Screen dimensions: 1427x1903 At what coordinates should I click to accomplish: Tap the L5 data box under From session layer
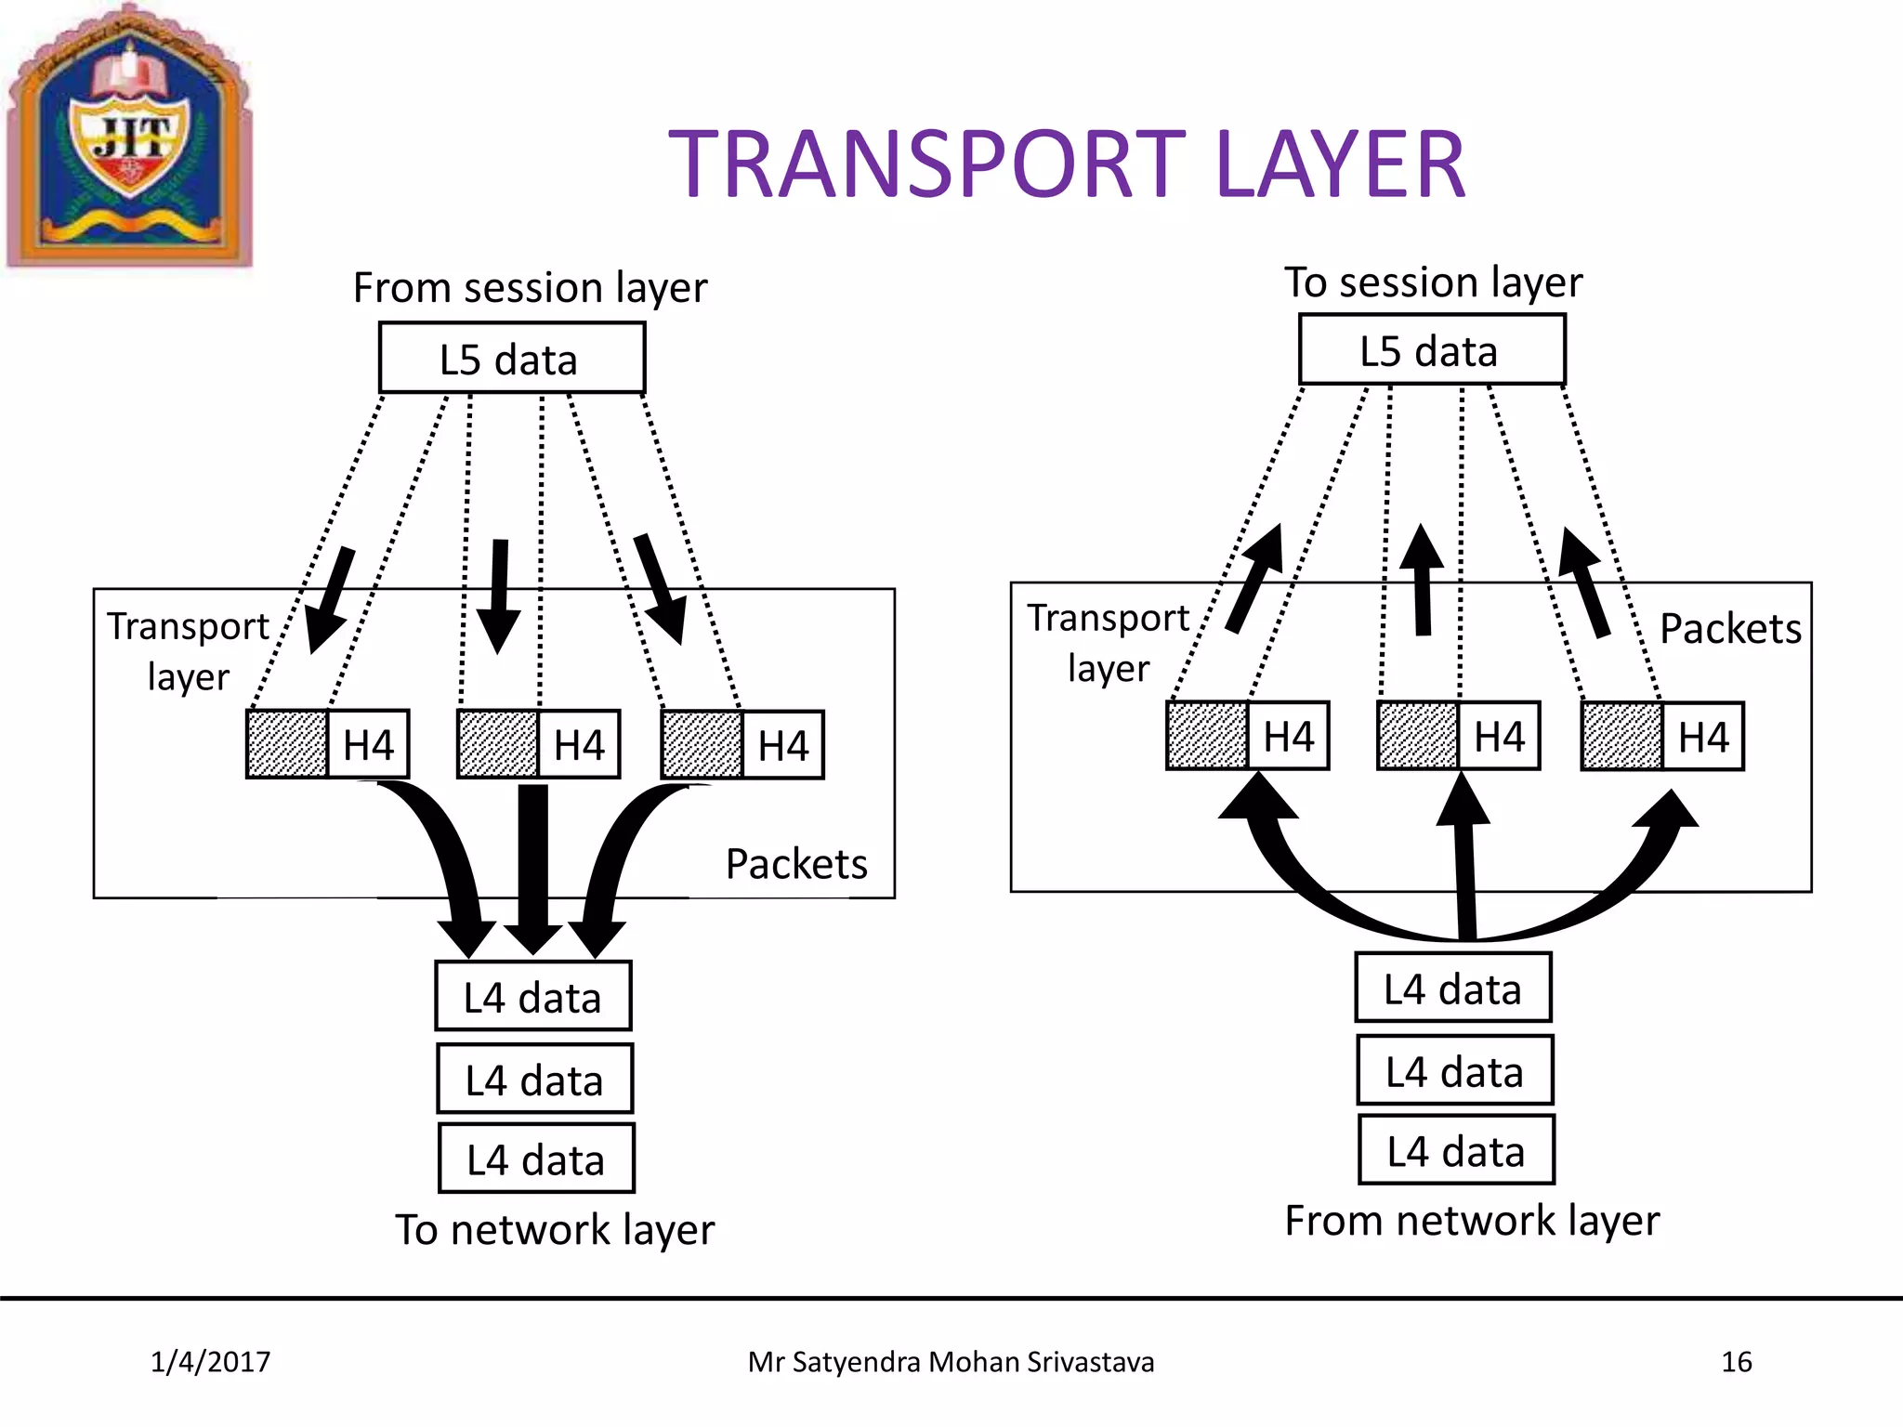tap(511, 359)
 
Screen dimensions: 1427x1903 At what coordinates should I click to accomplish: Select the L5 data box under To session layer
tap(1431, 350)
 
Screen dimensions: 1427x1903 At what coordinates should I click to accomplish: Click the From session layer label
tap(530, 288)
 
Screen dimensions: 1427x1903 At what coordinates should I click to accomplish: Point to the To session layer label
tap(1433, 281)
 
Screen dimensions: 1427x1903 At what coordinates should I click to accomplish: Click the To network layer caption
tap(555, 1229)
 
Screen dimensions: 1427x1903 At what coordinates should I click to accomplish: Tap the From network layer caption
tap(1472, 1220)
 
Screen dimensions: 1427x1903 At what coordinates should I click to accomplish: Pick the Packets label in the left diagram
tap(796, 864)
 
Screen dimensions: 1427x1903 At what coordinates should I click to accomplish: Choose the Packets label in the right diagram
tap(1730, 629)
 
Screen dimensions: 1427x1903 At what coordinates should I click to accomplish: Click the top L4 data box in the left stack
tap(533, 997)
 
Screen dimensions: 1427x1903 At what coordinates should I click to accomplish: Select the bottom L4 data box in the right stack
tap(1456, 1151)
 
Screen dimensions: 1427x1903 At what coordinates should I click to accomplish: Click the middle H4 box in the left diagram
tap(578, 744)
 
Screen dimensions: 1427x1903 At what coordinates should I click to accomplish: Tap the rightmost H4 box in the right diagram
tap(1702, 737)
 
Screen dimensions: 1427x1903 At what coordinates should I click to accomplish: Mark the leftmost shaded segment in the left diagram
tap(287, 744)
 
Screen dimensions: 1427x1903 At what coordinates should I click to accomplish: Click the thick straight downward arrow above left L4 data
tap(533, 864)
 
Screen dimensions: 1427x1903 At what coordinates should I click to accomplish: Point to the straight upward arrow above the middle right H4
tap(1422, 581)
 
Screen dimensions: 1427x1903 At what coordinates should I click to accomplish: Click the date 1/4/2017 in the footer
tap(210, 1362)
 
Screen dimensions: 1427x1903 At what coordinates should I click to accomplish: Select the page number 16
tap(1736, 1362)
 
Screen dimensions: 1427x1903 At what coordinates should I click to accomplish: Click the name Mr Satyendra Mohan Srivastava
tap(951, 1362)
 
